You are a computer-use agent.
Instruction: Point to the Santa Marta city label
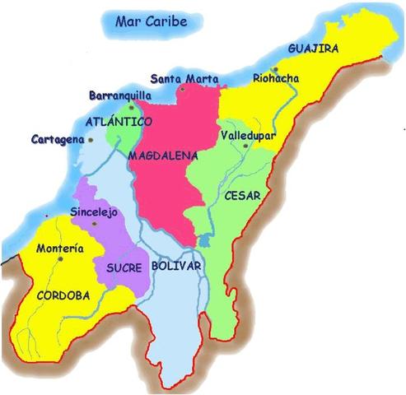point(190,79)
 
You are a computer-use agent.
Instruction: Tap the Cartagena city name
point(58,139)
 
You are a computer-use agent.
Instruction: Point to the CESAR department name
point(241,196)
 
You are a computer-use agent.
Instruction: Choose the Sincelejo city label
point(96,211)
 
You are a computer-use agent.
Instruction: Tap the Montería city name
point(60,248)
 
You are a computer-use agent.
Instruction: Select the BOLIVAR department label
point(177,267)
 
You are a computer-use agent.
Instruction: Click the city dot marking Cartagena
point(91,140)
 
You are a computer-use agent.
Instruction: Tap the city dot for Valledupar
point(245,146)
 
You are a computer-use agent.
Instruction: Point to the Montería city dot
point(60,259)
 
